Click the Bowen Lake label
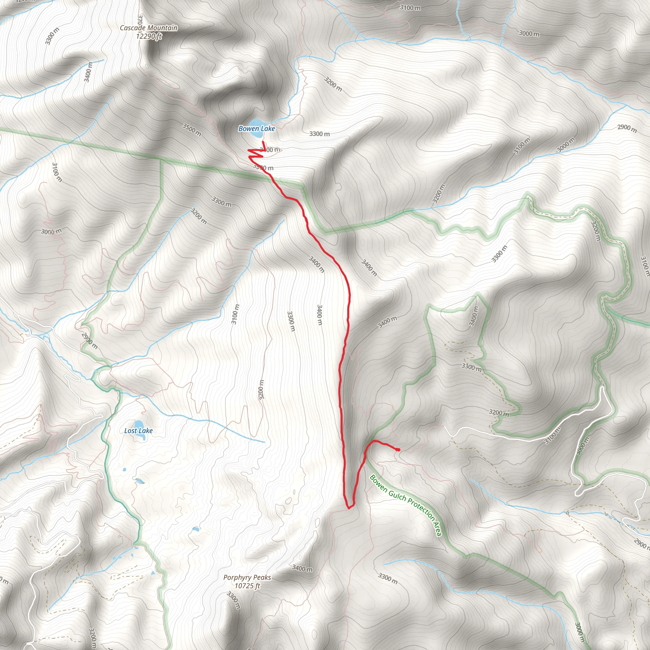tap(256, 129)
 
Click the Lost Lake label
tap(138, 431)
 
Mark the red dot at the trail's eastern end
tap(398, 449)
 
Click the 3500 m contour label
tap(192, 130)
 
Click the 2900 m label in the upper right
tap(627, 128)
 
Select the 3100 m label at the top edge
tap(410, 7)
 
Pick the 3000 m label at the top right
tap(529, 34)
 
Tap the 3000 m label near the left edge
tap(51, 231)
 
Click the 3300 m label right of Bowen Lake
tap(319, 134)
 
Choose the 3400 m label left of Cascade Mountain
tap(88, 72)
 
